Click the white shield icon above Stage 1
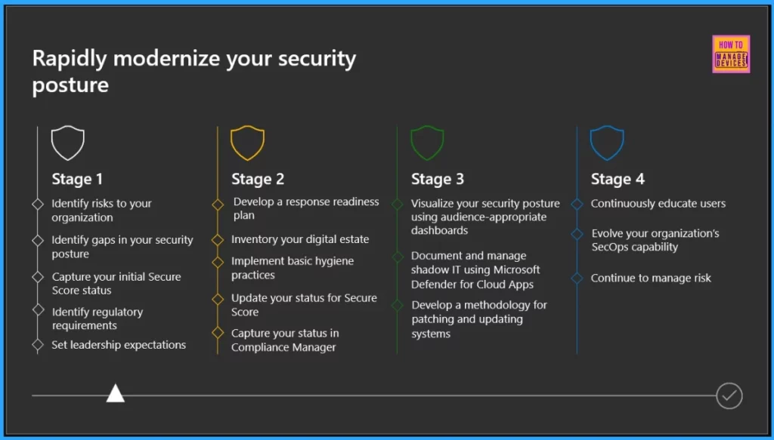pyautogui.click(x=67, y=143)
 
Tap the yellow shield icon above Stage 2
pyautogui.click(x=247, y=143)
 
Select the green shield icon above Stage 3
pyautogui.click(x=427, y=143)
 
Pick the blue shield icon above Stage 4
pyautogui.click(x=607, y=143)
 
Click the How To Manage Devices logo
pyautogui.click(x=731, y=54)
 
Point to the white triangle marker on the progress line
pyautogui.click(x=115, y=393)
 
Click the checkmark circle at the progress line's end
pyautogui.click(x=729, y=395)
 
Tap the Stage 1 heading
pyautogui.click(x=77, y=180)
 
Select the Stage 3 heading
pyautogui.click(x=438, y=180)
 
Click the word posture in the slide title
pyautogui.click(x=70, y=85)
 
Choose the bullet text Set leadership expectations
pyautogui.click(x=119, y=345)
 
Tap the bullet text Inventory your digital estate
pyautogui.click(x=300, y=239)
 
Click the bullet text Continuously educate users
pyautogui.click(x=658, y=204)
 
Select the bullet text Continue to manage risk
pyautogui.click(x=651, y=278)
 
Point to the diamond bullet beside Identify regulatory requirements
pyautogui.click(x=38, y=310)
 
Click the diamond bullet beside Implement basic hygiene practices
pyautogui.click(x=218, y=261)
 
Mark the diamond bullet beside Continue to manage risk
pyautogui.click(x=577, y=278)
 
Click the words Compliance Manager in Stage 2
pyautogui.click(x=283, y=347)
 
